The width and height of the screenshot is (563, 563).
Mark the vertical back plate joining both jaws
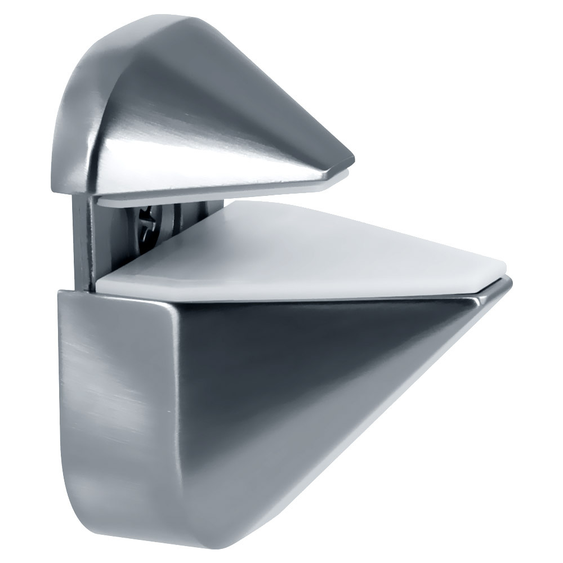pos(84,242)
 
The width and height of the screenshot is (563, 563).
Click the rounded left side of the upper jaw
pos(73,129)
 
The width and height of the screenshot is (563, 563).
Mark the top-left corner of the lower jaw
pos(61,293)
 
